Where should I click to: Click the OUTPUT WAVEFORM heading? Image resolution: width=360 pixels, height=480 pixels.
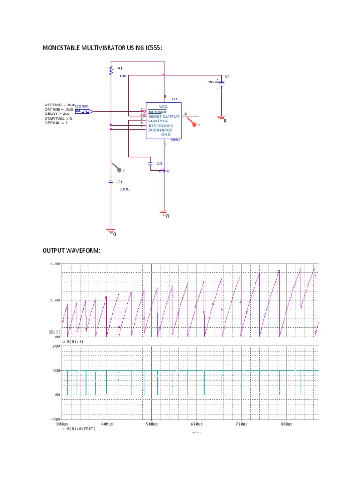pos(72,251)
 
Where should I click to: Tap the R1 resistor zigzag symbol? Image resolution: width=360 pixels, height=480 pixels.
pos(111,70)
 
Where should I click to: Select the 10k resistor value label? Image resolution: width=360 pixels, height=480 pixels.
pos(122,75)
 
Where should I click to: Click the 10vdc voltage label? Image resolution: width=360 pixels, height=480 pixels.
pos(213,82)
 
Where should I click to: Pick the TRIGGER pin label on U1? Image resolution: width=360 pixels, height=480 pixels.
pos(157,112)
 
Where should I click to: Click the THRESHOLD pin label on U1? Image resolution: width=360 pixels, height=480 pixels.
pos(160,126)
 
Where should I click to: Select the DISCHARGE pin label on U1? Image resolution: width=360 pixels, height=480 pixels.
pos(160,130)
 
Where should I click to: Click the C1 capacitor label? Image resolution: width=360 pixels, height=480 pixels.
pos(120,182)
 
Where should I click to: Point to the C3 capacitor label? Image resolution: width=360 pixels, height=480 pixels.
pos(159,164)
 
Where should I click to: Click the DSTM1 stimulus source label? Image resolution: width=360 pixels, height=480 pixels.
pos(82,106)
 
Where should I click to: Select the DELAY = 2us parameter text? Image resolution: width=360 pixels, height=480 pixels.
pos(57,113)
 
